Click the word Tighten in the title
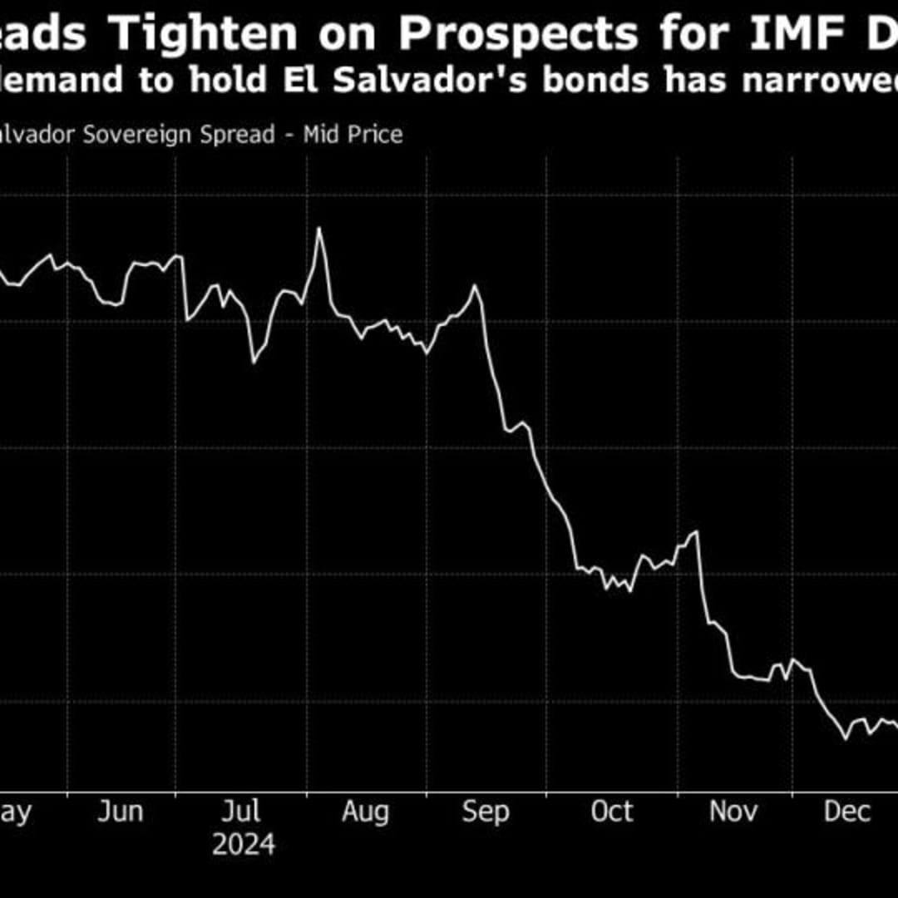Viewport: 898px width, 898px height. (204, 35)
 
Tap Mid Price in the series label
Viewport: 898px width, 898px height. (353, 134)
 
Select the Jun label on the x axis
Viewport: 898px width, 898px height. (121, 812)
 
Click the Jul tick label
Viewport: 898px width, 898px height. (242, 812)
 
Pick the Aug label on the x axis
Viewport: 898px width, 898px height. (366, 812)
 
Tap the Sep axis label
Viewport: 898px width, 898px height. (486, 812)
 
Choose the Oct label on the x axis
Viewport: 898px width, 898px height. (612, 812)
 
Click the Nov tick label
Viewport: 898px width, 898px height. (733, 812)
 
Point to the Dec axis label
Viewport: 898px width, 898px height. (846, 812)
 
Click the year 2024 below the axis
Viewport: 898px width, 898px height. (243, 846)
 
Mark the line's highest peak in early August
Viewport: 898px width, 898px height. (318, 229)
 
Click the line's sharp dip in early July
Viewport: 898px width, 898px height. (254, 363)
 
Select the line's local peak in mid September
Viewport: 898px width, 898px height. (475, 286)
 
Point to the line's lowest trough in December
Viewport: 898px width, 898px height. (846, 738)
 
